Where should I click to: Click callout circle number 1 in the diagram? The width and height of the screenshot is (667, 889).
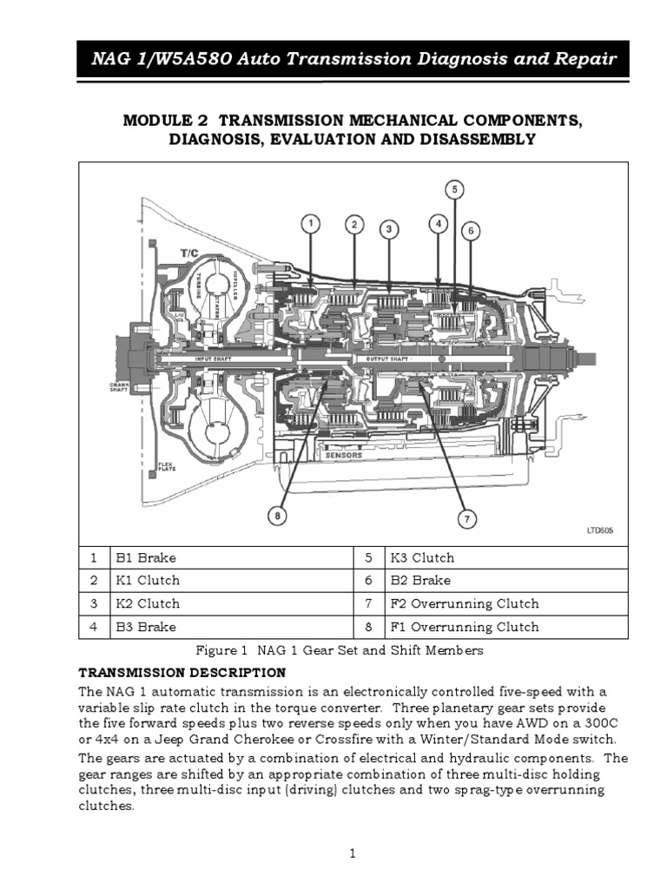pos(311,225)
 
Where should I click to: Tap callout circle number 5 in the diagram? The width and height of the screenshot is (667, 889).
pos(455,189)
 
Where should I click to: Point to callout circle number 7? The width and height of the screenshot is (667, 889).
pos(466,519)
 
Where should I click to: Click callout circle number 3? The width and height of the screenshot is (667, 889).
pos(390,229)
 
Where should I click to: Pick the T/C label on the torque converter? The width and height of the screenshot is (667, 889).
pos(189,252)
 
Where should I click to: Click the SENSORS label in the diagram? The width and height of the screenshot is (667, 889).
pos(343,454)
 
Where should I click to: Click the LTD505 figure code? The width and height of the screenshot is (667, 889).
pos(598,530)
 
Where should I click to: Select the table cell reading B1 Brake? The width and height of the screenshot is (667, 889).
pos(145,557)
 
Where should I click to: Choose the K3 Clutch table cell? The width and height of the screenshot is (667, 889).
pos(420,557)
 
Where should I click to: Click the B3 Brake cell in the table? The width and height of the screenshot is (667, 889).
pos(145,627)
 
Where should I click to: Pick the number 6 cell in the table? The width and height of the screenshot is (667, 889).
pos(368,581)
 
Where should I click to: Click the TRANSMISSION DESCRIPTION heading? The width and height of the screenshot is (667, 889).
pos(182,672)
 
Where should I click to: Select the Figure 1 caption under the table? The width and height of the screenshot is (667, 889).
pos(340,649)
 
